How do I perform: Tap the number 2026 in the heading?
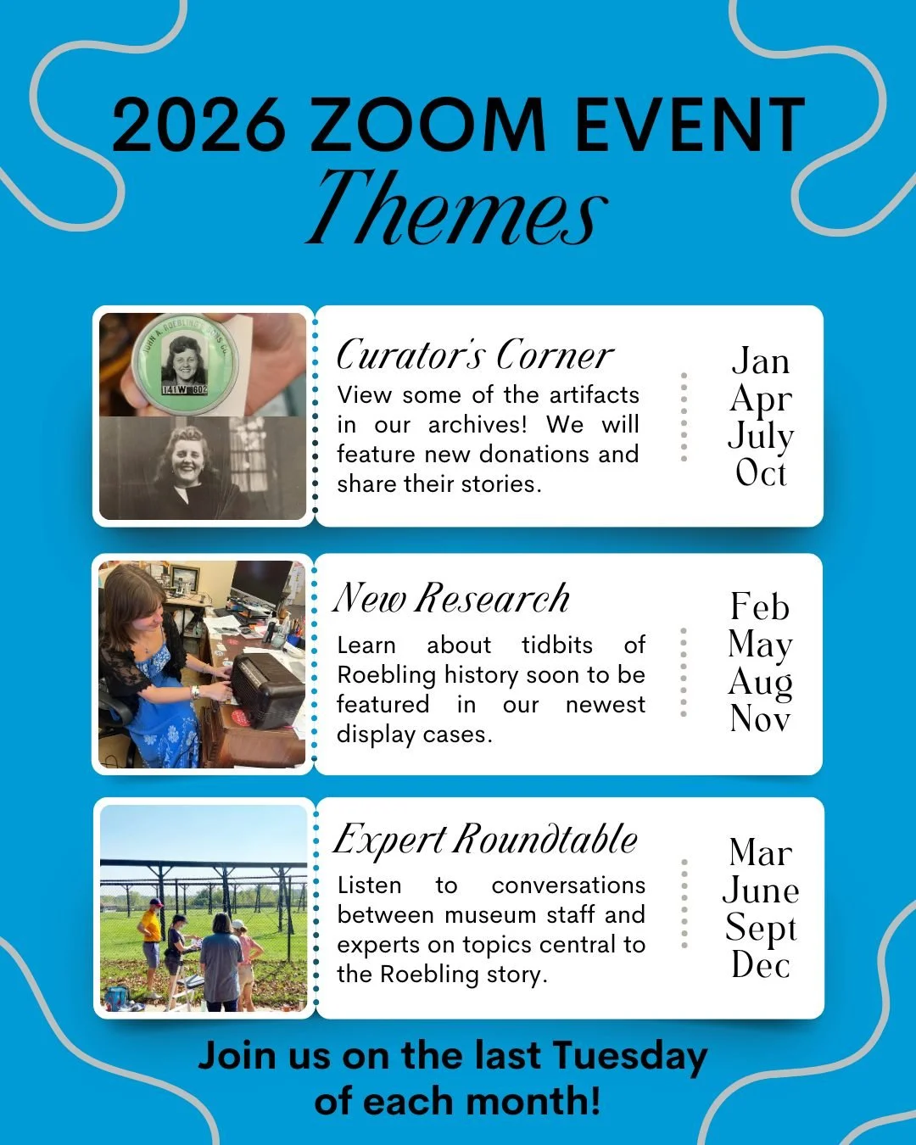[198, 126]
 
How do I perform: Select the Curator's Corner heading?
[474, 355]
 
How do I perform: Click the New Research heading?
[451, 598]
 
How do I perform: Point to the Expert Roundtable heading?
[485, 840]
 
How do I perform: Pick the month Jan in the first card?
[760, 361]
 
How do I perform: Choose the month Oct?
[761, 473]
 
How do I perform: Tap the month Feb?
[760, 607]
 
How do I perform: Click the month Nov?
[760, 719]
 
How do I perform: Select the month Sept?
[761, 928]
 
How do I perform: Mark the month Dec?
[761, 965]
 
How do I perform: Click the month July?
[761, 436]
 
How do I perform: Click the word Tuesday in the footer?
[629, 1057]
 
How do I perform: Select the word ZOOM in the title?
[428, 126]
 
